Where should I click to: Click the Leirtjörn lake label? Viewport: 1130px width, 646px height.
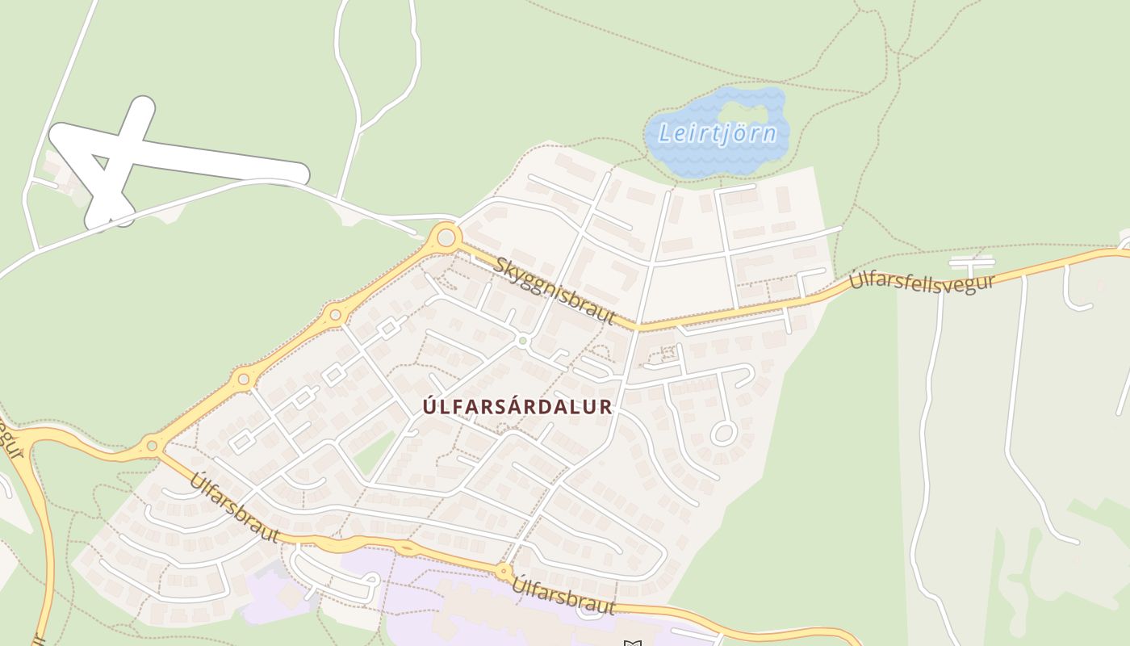pyautogui.click(x=718, y=132)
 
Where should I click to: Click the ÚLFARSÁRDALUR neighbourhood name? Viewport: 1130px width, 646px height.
pyautogui.click(x=517, y=407)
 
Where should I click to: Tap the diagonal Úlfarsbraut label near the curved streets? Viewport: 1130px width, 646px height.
pyautogui.click(x=235, y=508)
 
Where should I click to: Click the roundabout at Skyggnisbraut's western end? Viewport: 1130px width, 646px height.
pyautogui.click(x=445, y=238)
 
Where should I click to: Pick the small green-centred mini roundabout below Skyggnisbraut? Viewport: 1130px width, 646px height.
pyautogui.click(x=523, y=342)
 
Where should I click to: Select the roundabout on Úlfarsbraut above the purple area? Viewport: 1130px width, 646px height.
pyautogui.click(x=504, y=572)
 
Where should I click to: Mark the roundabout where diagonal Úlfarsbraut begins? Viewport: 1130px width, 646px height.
pyautogui.click(x=152, y=445)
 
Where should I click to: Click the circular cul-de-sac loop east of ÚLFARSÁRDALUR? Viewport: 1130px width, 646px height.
pyautogui.click(x=722, y=434)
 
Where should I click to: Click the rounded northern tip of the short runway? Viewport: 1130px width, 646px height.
pyautogui.click(x=143, y=107)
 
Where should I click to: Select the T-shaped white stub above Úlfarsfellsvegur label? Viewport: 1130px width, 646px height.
pyautogui.click(x=971, y=262)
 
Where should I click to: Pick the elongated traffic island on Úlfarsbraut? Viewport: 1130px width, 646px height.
pyautogui.click(x=405, y=549)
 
